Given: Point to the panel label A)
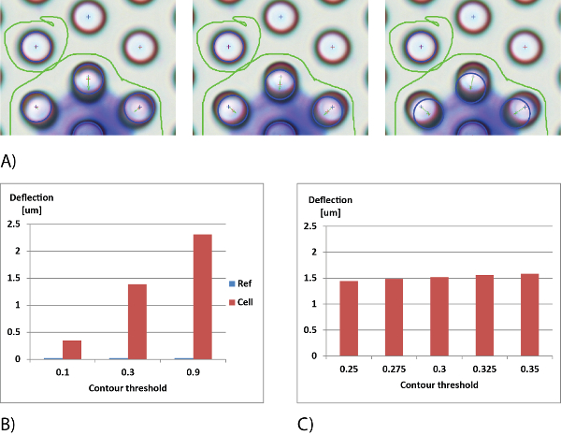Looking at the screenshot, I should (x=8, y=161).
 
